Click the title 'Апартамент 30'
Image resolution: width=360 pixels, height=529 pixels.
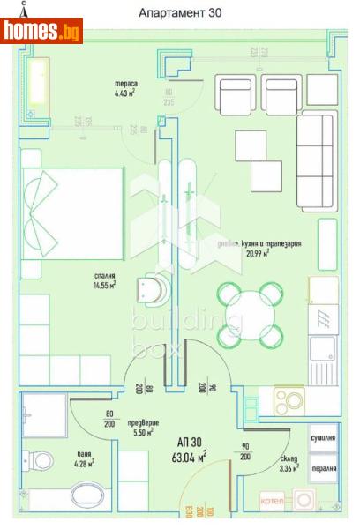pos(181,13)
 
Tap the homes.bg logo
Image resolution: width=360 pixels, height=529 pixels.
pos(41,32)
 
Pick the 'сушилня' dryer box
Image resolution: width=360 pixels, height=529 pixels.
pos(324,437)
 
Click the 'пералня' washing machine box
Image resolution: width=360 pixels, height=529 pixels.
pos(324,467)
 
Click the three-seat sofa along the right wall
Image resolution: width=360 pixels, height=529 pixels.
pos(317,160)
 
